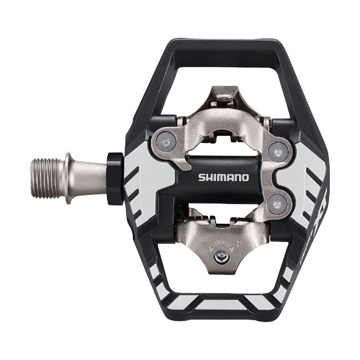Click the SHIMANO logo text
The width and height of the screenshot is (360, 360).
[x=224, y=178]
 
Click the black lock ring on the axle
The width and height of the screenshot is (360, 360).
[x=114, y=179]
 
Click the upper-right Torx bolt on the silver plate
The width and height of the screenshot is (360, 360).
[x=277, y=152]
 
